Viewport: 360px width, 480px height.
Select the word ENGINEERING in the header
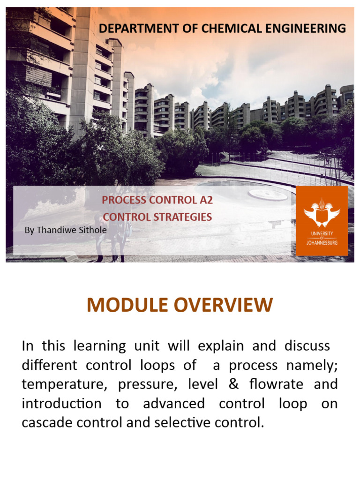(x=310, y=29)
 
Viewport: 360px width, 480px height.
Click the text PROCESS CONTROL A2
(x=157, y=200)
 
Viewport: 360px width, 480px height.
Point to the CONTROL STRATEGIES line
(x=157, y=217)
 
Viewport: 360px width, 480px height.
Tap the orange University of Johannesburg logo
(x=322, y=220)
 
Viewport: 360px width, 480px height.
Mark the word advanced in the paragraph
(x=174, y=404)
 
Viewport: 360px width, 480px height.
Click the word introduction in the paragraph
(x=61, y=404)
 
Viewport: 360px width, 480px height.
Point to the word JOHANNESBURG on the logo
(x=322, y=243)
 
